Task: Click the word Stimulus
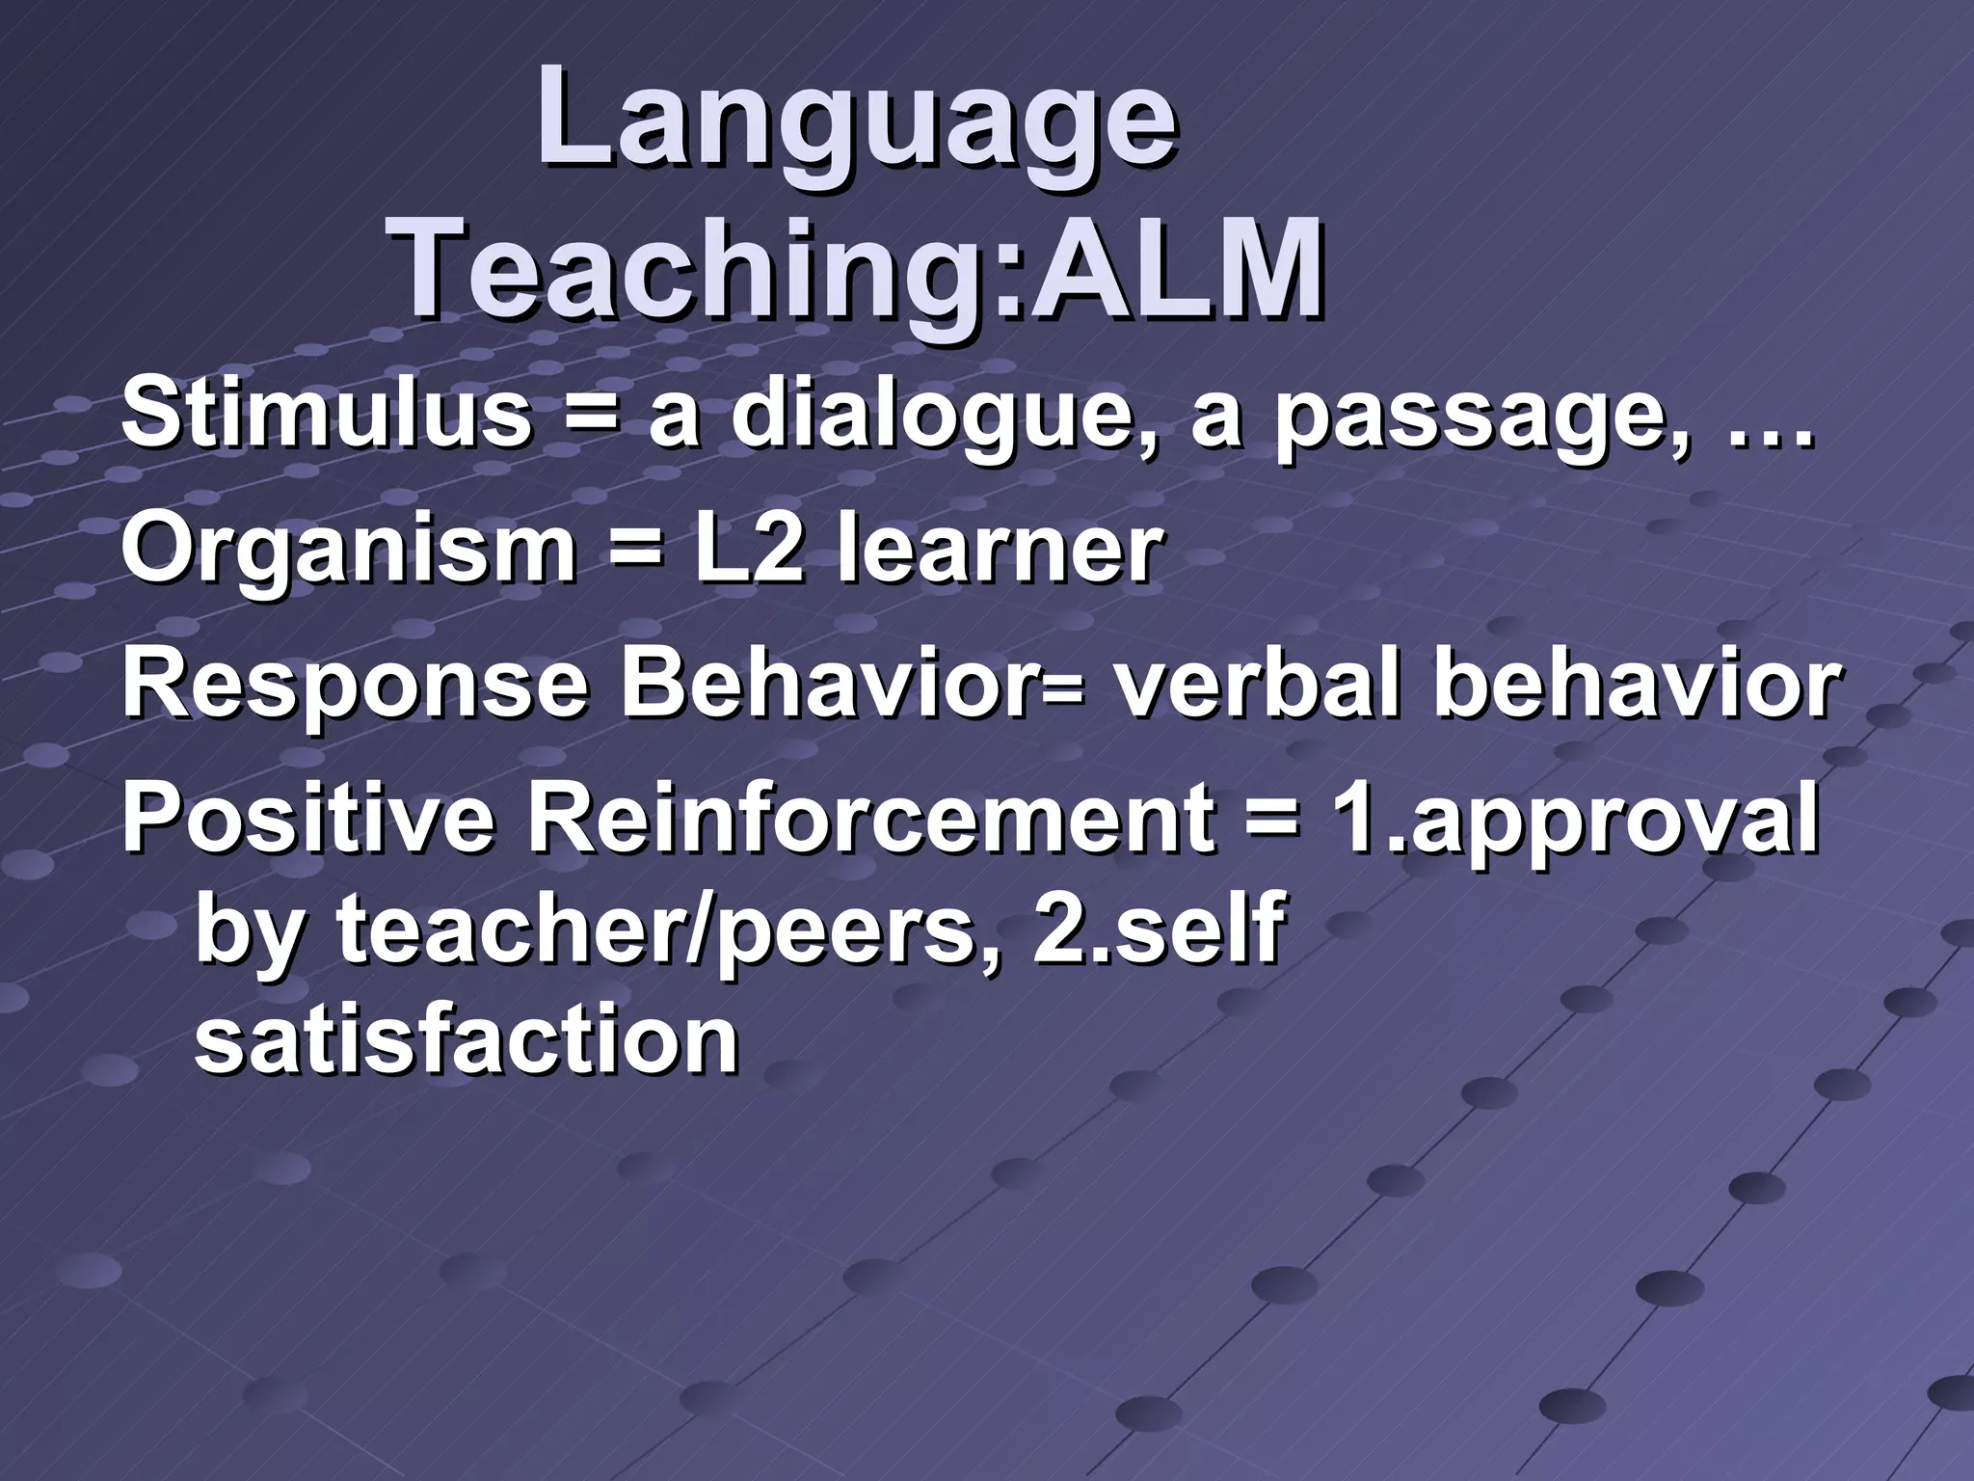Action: tap(326, 417)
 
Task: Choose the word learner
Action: tap(998, 550)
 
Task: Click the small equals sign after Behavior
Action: tap(1063, 692)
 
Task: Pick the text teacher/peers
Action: tap(655, 933)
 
